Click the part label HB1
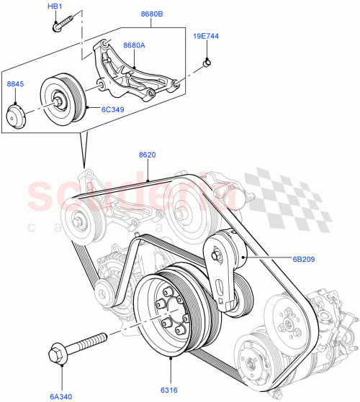[55, 6]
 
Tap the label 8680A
[134, 45]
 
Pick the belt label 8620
[148, 154]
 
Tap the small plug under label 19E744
[207, 63]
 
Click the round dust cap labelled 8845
[17, 117]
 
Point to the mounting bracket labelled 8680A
[130, 72]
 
